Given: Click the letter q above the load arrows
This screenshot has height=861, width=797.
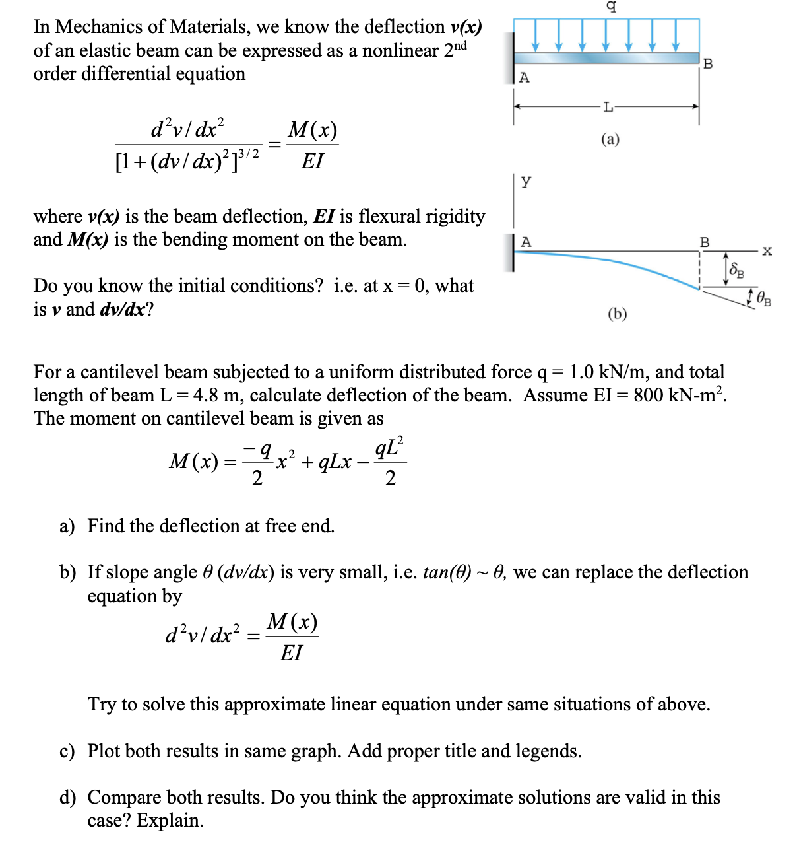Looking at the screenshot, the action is [x=612, y=7].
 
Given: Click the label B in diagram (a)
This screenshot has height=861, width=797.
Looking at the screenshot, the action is [x=708, y=64].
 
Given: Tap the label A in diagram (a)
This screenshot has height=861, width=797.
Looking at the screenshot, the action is [x=524, y=78].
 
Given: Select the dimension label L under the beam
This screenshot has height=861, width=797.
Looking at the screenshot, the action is [x=608, y=106].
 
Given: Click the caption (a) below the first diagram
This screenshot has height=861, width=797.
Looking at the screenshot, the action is [x=610, y=139].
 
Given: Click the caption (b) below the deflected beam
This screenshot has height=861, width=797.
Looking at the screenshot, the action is [x=617, y=314].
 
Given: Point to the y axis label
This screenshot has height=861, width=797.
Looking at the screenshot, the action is [x=526, y=181].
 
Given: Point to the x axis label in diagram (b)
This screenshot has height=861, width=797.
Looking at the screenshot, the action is [x=767, y=251].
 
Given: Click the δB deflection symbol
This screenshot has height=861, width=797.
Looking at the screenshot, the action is [x=736, y=269].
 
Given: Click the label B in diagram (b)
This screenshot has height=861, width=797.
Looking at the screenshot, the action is [x=705, y=242].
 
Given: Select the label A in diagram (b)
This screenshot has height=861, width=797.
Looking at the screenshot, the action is [x=526, y=242].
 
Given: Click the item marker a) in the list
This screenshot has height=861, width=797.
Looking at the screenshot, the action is [x=67, y=526].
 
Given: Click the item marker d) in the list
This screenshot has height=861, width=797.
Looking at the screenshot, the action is [x=67, y=798].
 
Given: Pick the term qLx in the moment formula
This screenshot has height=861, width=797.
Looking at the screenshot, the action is [x=335, y=462].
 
